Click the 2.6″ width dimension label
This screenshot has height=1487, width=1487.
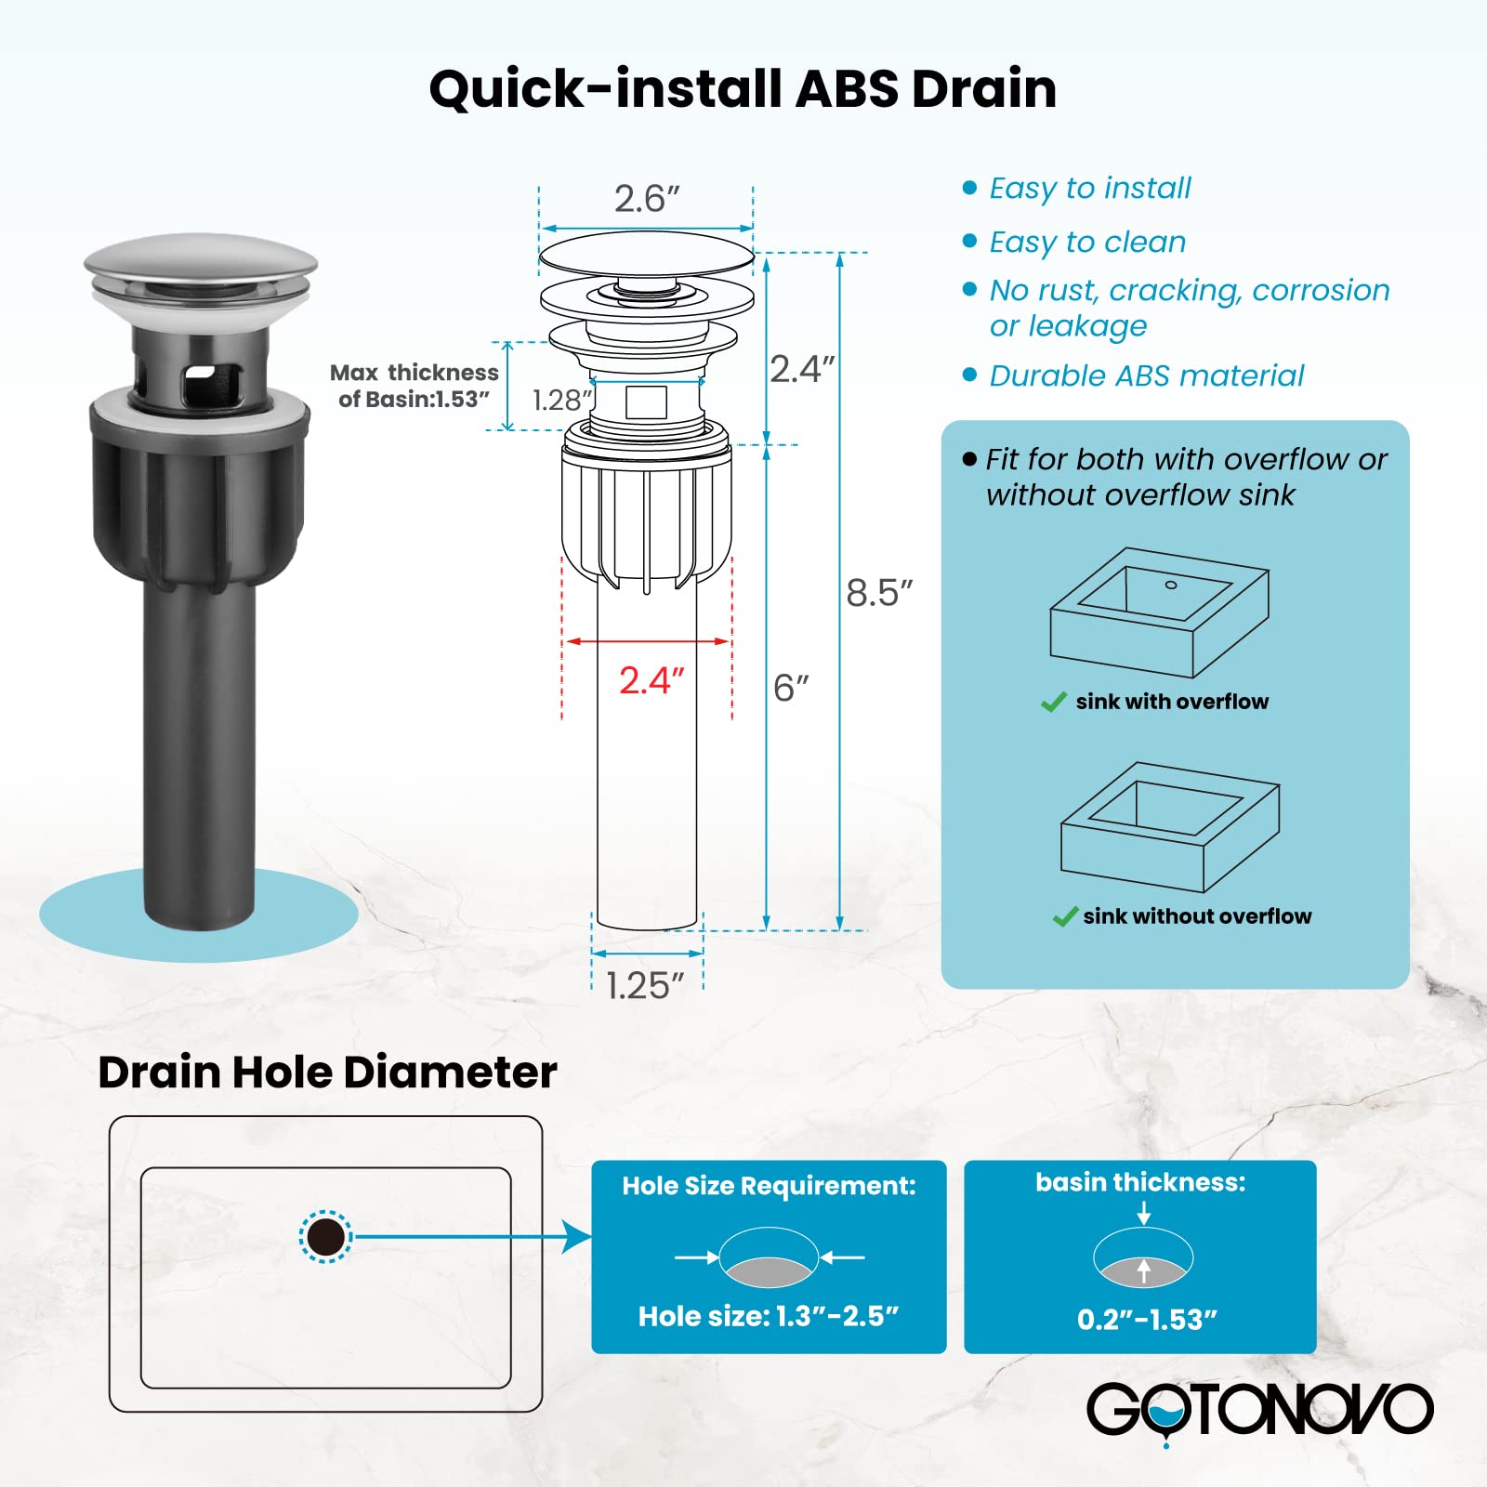coord(647,199)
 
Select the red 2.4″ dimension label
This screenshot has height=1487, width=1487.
coord(651,681)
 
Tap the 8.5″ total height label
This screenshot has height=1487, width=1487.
coord(879,593)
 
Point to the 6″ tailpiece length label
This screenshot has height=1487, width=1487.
coord(791,689)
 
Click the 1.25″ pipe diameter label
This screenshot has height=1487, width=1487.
coord(645,986)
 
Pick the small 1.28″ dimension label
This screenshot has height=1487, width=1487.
coord(562,401)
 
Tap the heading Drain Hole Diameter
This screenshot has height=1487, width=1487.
coord(327,1072)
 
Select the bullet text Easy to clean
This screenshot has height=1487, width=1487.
coord(1087,242)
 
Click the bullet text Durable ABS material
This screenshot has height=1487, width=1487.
coord(1147,375)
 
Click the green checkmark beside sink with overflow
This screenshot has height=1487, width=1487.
coord(1054,703)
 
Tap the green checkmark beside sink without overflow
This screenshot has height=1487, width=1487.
coord(1065,917)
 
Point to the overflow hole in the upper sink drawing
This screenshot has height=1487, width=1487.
coord(1171,585)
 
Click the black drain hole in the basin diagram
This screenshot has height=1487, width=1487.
coord(325,1237)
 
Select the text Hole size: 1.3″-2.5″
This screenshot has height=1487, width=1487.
coord(769,1317)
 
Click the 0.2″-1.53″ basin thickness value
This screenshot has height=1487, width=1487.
coord(1147,1320)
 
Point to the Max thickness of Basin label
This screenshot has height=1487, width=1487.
coord(415,386)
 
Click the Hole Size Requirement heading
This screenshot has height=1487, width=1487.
coord(769,1186)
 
